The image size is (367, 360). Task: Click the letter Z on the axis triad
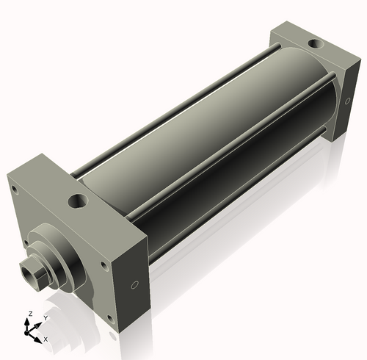coord(31,314)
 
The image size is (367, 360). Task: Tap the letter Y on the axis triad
coord(46,318)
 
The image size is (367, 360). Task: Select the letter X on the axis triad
coord(46,339)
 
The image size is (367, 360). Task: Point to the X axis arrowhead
coord(37,339)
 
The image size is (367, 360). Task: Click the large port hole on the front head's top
coord(78,201)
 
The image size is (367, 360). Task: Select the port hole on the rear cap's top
coord(316,44)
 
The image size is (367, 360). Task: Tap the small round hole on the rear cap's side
coord(347,101)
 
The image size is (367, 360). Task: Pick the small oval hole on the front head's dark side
coord(134,284)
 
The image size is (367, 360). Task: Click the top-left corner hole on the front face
coord(15,190)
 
